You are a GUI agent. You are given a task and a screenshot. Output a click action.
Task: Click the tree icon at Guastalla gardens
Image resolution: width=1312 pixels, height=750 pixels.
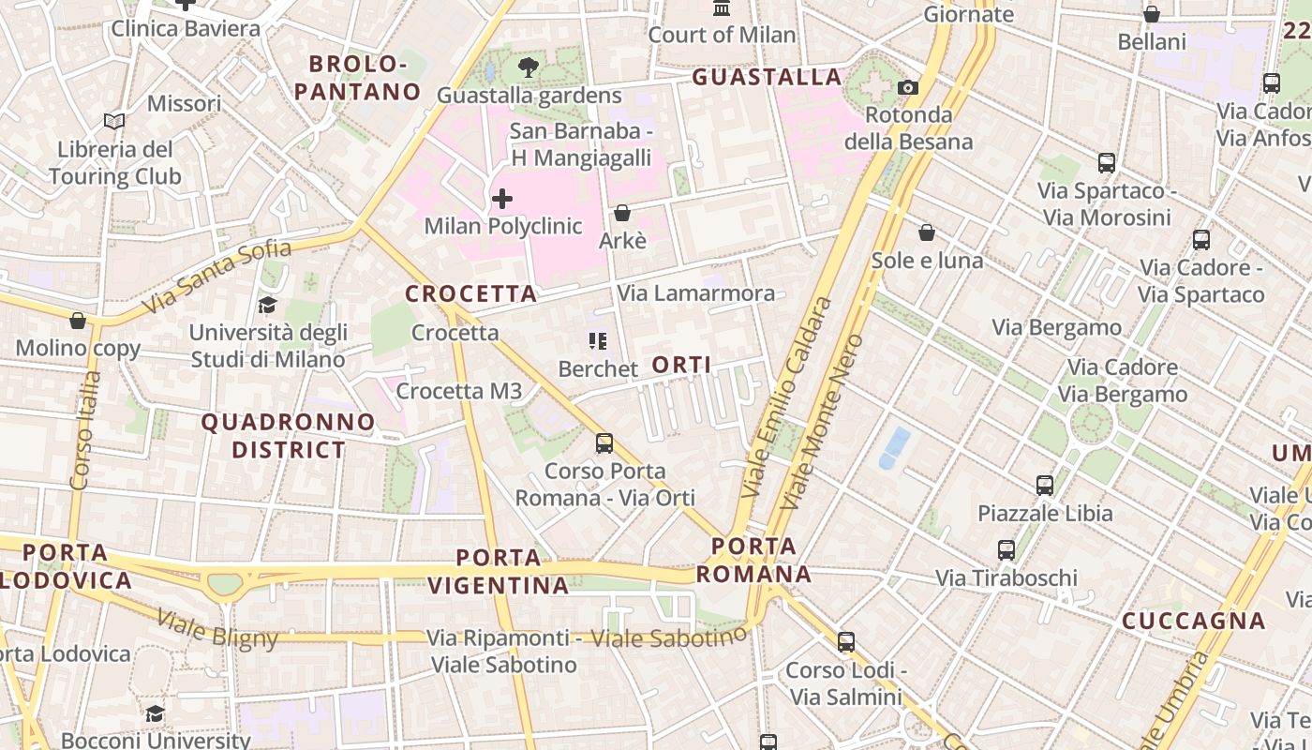tap(529, 67)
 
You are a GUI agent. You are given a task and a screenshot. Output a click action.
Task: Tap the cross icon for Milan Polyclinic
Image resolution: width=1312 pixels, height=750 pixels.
tap(502, 199)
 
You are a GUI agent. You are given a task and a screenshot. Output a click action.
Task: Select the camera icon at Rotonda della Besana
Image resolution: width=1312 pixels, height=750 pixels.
tap(907, 88)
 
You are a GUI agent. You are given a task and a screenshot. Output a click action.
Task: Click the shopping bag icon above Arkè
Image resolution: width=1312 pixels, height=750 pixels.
tap(622, 214)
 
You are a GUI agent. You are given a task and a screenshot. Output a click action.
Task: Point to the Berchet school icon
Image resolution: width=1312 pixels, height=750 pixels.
tap(598, 341)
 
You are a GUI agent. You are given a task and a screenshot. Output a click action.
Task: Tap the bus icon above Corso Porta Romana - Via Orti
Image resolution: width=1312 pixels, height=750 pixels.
tap(604, 442)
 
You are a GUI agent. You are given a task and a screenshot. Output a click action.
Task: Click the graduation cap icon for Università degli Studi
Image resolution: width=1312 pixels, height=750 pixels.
tap(268, 305)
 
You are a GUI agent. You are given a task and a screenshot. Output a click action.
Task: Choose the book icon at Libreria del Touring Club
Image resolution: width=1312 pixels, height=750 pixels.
tap(114, 122)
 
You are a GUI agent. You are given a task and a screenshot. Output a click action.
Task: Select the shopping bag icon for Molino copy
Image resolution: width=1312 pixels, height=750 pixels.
tap(78, 322)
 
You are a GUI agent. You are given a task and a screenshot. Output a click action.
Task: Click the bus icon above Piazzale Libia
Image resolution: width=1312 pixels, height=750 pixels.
tap(1045, 486)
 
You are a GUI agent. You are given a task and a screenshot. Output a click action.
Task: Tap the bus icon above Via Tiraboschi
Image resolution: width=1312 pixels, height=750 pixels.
tap(1006, 550)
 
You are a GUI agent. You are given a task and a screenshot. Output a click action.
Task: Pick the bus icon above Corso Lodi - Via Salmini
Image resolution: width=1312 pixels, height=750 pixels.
tap(846, 642)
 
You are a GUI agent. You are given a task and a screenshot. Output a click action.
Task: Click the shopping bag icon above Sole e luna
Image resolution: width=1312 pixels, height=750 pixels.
tap(927, 232)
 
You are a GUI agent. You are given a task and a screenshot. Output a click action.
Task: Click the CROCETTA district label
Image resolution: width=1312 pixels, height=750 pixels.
tap(471, 293)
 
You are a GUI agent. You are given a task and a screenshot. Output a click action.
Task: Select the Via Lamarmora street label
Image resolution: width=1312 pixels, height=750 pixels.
tap(696, 293)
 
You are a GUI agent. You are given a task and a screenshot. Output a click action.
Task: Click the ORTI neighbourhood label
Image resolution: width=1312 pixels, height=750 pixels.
tap(681, 365)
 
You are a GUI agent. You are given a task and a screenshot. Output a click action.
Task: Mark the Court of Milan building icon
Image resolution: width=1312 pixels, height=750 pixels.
tap(722, 8)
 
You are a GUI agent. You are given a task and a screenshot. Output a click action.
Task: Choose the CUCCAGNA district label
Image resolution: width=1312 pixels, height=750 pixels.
tap(1194, 621)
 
